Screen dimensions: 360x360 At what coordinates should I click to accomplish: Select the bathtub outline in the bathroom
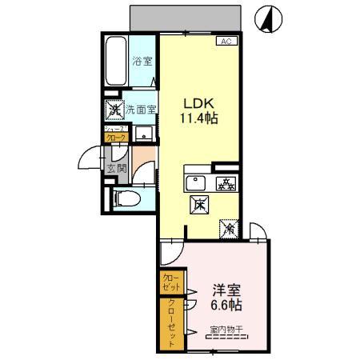(x=117, y=62)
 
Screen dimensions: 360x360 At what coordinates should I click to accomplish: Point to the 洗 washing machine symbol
(x=115, y=110)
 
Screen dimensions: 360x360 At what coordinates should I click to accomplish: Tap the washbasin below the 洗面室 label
(x=144, y=133)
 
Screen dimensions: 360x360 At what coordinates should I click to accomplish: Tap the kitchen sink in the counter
(x=196, y=183)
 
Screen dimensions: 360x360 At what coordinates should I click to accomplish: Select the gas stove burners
(x=226, y=183)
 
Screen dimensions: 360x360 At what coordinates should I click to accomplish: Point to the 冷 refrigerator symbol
(x=230, y=230)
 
